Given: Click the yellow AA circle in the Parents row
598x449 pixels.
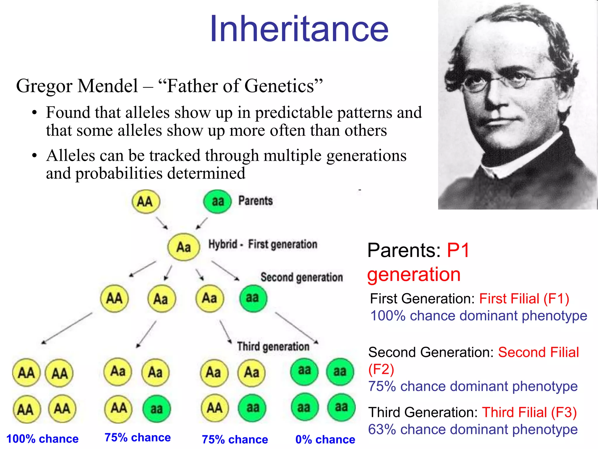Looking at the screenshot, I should (145, 202).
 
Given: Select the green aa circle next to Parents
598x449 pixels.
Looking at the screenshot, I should (218, 202).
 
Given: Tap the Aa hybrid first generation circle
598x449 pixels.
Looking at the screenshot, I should (184, 247).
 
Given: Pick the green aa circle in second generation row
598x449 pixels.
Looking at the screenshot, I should (253, 298).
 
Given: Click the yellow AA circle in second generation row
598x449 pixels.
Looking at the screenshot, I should (114, 298).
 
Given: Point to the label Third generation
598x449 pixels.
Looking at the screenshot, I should (273, 346).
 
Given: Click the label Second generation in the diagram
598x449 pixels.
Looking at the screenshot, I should (302, 277).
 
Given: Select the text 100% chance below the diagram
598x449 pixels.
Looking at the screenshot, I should (42, 439).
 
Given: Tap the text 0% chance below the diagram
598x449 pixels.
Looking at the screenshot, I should (325, 439).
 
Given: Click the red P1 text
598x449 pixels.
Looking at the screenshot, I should (458, 251).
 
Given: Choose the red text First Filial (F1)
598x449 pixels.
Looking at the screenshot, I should (524, 299).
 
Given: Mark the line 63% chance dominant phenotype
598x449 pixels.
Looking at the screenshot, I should (473, 429).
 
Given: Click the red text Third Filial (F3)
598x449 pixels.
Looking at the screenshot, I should (529, 412).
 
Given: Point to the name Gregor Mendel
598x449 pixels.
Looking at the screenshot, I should (77, 86).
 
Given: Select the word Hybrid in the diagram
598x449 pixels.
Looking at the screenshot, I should (222, 244).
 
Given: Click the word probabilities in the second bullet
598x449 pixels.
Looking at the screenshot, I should (119, 173).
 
